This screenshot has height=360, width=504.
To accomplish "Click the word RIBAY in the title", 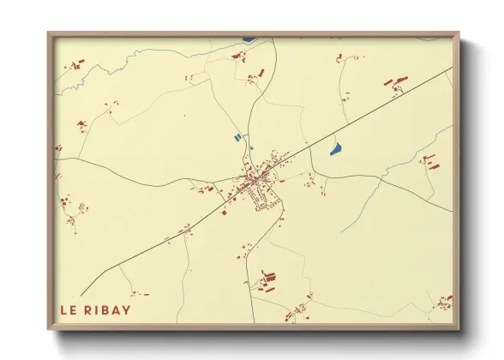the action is (x=109, y=308).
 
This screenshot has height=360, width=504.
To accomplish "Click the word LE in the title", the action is (x=69, y=308).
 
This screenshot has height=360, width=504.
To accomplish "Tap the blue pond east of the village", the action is (x=336, y=149).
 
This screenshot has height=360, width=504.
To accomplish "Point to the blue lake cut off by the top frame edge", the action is (x=249, y=39).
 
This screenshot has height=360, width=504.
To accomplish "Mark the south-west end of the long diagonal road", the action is (x=81, y=294).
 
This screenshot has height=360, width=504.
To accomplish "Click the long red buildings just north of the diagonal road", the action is (x=395, y=82).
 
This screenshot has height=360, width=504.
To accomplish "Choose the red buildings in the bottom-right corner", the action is (x=445, y=301).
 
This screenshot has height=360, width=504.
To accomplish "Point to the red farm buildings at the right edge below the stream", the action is (x=429, y=160).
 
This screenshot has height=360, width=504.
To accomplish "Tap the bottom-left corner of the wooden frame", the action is (x=50, y=327).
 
